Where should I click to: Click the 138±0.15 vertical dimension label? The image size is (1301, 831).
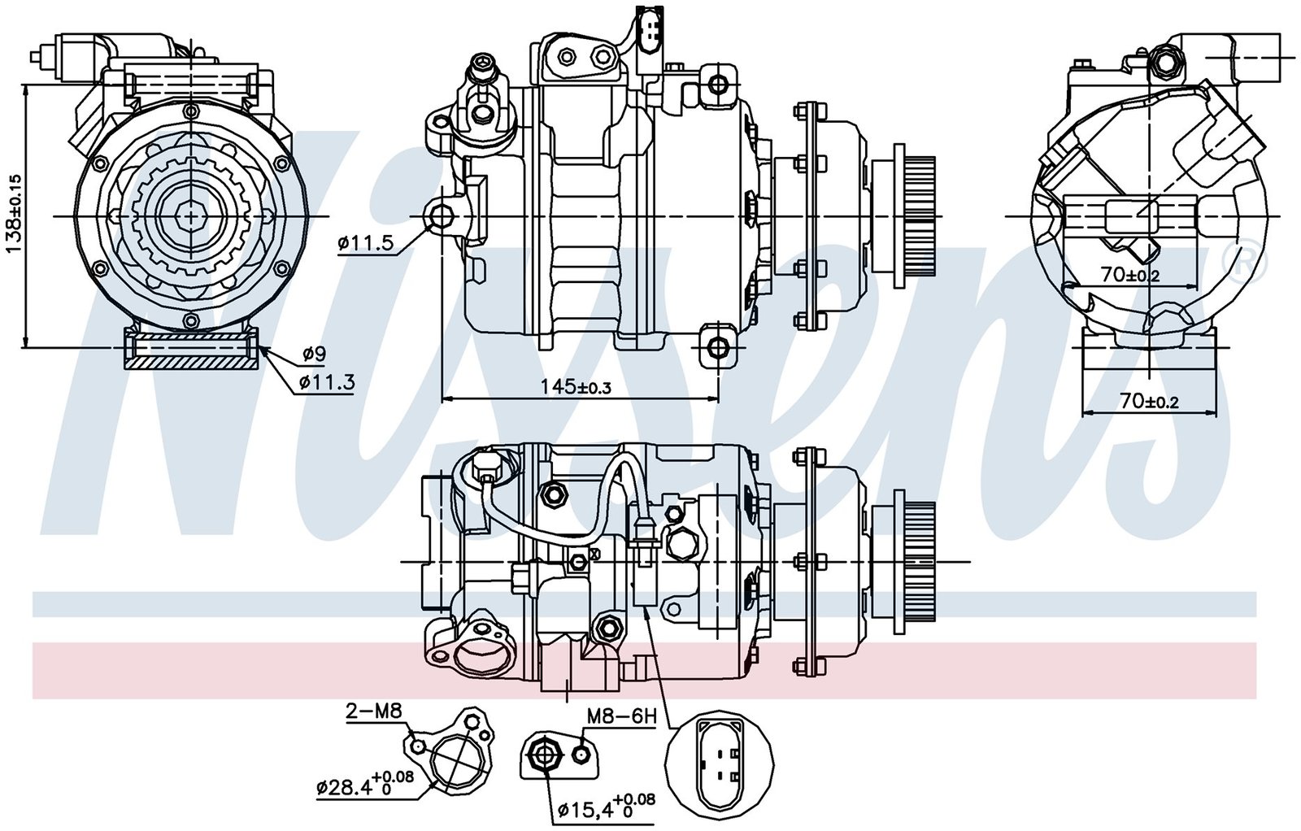pyautogui.click(x=15, y=214)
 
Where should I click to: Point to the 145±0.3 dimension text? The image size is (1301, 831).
pyautogui.click(x=576, y=386)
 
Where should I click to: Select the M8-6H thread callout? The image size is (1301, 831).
pyautogui.click(x=621, y=716)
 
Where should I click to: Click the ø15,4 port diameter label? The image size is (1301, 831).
pyautogui.click(x=607, y=807)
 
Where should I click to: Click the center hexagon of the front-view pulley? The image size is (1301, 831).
pyautogui.click(x=191, y=216)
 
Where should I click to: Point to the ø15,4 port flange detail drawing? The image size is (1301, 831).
pyautogui.click(x=556, y=755)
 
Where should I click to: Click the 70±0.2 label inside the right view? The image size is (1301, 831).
pyautogui.click(x=1130, y=276)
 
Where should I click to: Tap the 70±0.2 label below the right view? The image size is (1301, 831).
pyautogui.click(x=1150, y=400)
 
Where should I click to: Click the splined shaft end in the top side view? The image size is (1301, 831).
pyautogui.click(x=921, y=216)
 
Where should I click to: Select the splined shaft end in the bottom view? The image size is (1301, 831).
pyautogui.click(x=921, y=562)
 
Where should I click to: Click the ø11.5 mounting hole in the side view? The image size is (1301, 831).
pyautogui.click(x=442, y=216)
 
